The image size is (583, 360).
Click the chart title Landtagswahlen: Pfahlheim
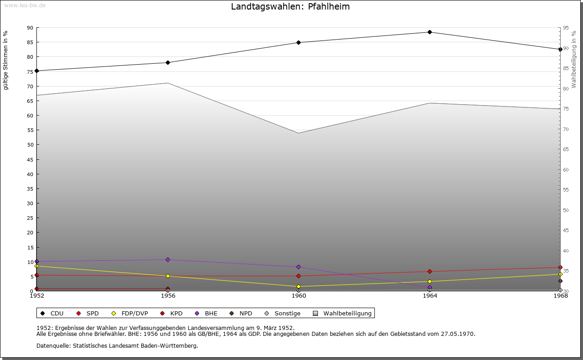click(x=290, y=7)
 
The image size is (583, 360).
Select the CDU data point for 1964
click(x=430, y=32)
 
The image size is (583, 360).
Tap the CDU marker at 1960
click(x=299, y=43)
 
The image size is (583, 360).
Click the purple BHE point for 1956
click(x=168, y=260)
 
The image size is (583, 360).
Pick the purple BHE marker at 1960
click(x=299, y=267)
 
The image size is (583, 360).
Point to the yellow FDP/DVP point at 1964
click(x=430, y=282)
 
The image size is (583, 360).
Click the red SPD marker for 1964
click(x=430, y=272)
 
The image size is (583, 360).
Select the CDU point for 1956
click(x=168, y=63)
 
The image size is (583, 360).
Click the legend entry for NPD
click(x=245, y=314)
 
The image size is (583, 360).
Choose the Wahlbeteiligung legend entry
click(x=347, y=314)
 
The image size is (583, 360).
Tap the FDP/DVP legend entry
click(x=134, y=314)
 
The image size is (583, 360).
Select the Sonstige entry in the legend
click(x=287, y=314)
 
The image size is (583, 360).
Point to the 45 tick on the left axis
click(x=30, y=160)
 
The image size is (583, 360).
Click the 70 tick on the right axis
click(x=565, y=129)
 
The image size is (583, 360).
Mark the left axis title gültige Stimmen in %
click(x=6, y=61)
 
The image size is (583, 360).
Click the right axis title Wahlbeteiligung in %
click(x=574, y=60)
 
